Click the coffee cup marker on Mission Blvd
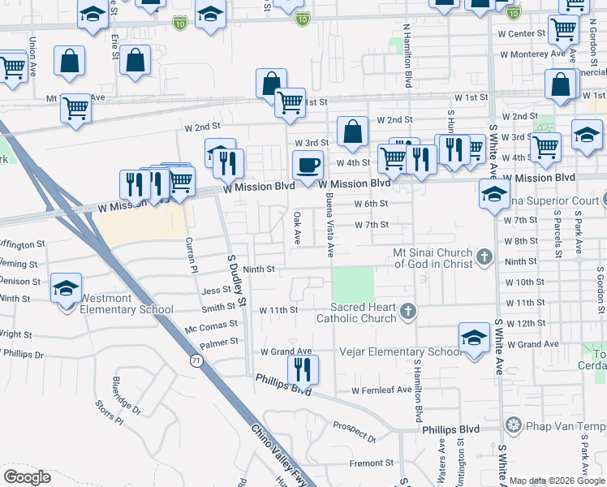pyautogui.click(x=308, y=166)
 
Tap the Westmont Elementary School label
pyautogui.click(x=126, y=309)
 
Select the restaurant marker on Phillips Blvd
pyautogui.click(x=303, y=370)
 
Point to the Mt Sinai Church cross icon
pyautogui.click(x=484, y=257)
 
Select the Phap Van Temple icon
pyautogui.click(x=513, y=425)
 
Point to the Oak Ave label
pyautogui.click(x=298, y=226)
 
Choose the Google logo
pyautogui.click(x=27, y=476)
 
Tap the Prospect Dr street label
pyautogui.click(x=354, y=433)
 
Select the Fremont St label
pyautogui.click(x=371, y=463)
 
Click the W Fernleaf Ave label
pyautogui.click(x=382, y=390)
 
